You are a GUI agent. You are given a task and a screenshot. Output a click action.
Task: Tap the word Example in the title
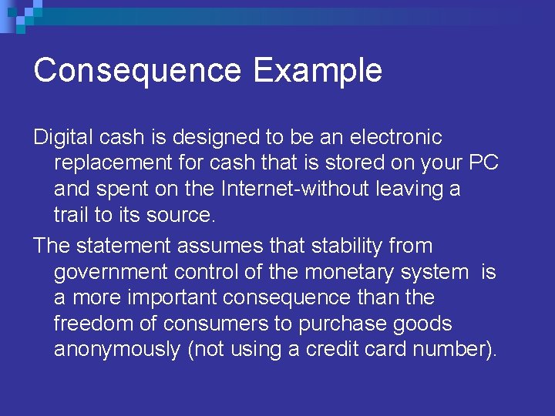pos(318,70)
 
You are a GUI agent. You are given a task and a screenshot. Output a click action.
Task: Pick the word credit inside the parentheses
pos(331,350)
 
